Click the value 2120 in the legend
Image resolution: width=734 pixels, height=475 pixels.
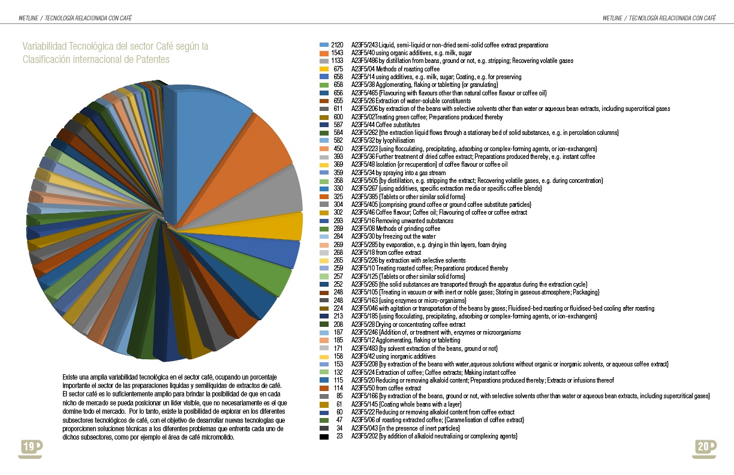pos(336,45)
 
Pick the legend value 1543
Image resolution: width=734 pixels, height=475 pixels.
pos(336,53)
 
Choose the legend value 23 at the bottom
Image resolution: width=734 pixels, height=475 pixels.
pos(339,436)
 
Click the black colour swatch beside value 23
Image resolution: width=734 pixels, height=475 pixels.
pos(324,436)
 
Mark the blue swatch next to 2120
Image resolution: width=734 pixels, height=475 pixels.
pos(324,45)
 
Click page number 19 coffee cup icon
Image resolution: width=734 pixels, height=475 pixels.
pos(30,447)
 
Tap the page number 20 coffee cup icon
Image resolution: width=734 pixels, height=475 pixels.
pos(704,447)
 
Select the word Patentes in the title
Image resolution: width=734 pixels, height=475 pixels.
pos(153,59)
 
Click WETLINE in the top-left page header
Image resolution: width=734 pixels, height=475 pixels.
pos(28,18)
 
